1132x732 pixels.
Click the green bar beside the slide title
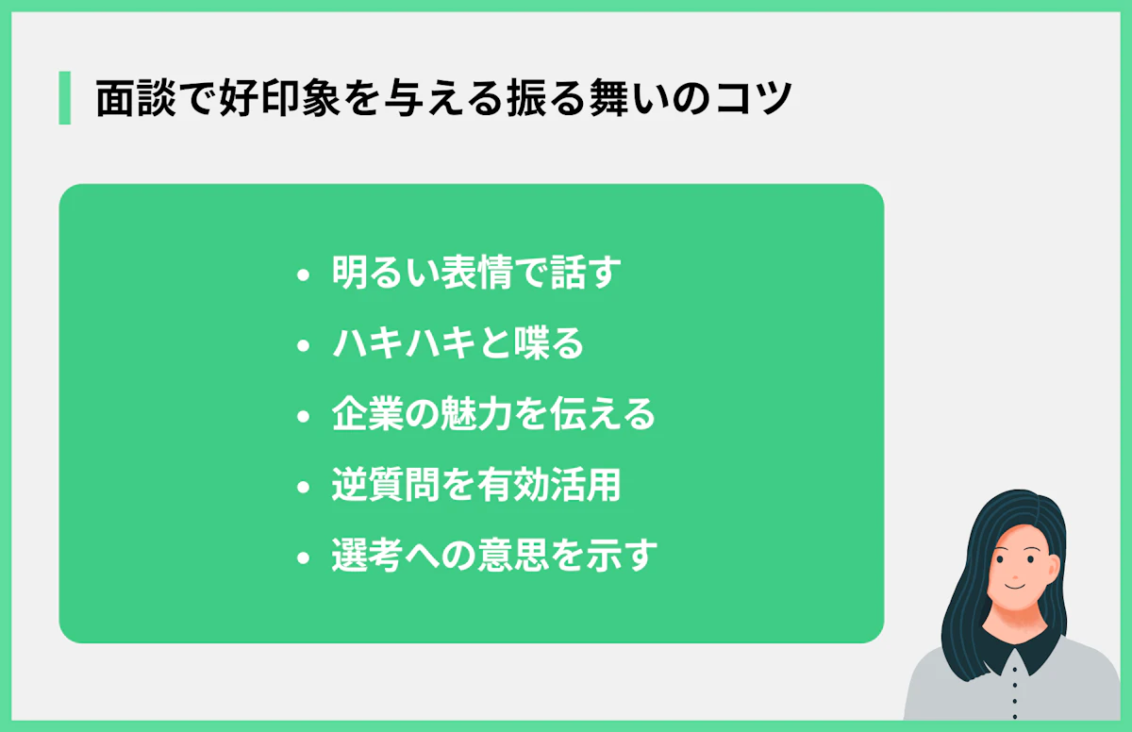coord(64,98)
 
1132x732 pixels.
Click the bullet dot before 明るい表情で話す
coord(302,275)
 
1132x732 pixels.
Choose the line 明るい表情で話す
coord(476,274)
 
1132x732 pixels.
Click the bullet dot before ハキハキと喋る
coord(302,346)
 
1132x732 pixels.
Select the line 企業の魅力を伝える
coord(493,415)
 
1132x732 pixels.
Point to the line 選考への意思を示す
coord(493,557)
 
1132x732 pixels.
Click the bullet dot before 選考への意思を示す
coord(302,558)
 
